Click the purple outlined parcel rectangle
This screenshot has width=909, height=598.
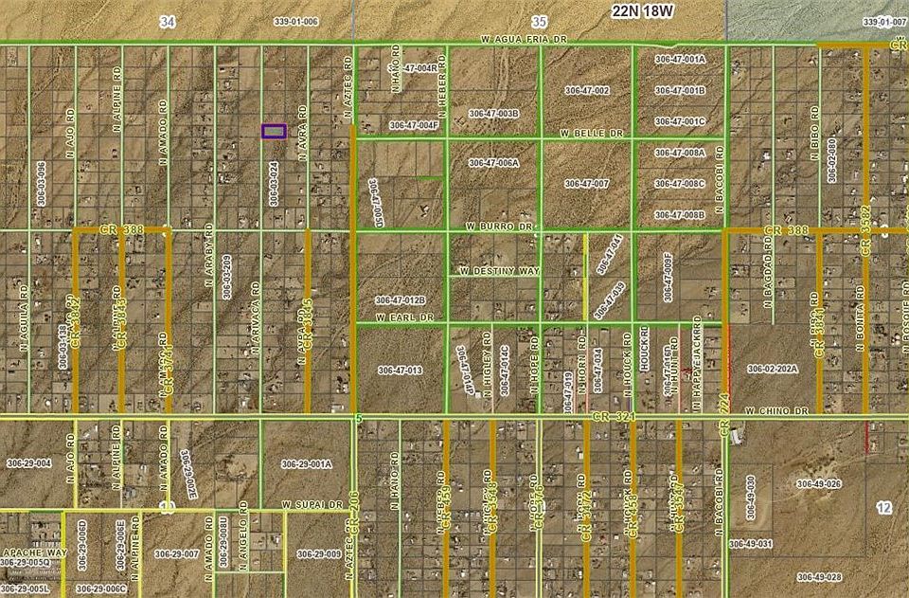[x=274, y=132]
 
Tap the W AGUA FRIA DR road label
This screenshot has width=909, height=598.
[x=523, y=41]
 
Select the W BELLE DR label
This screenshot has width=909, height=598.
[x=592, y=134]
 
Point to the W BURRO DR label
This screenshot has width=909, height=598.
[x=501, y=227]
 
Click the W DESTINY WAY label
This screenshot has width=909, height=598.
[x=499, y=271]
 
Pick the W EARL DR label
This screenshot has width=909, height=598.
[x=404, y=317]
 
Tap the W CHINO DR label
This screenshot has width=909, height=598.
[x=775, y=410]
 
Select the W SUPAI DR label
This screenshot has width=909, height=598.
[x=311, y=505]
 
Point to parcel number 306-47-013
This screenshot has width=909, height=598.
[x=400, y=370]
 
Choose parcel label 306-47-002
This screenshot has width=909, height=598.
[x=586, y=90]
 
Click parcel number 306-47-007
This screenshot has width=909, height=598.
[x=586, y=183]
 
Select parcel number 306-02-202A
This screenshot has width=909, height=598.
[x=773, y=368]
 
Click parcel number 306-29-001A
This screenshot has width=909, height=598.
[x=306, y=463]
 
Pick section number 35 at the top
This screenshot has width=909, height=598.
[x=540, y=20]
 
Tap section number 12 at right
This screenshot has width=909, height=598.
[x=883, y=509]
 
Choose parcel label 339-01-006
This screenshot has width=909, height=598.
[x=296, y=20]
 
